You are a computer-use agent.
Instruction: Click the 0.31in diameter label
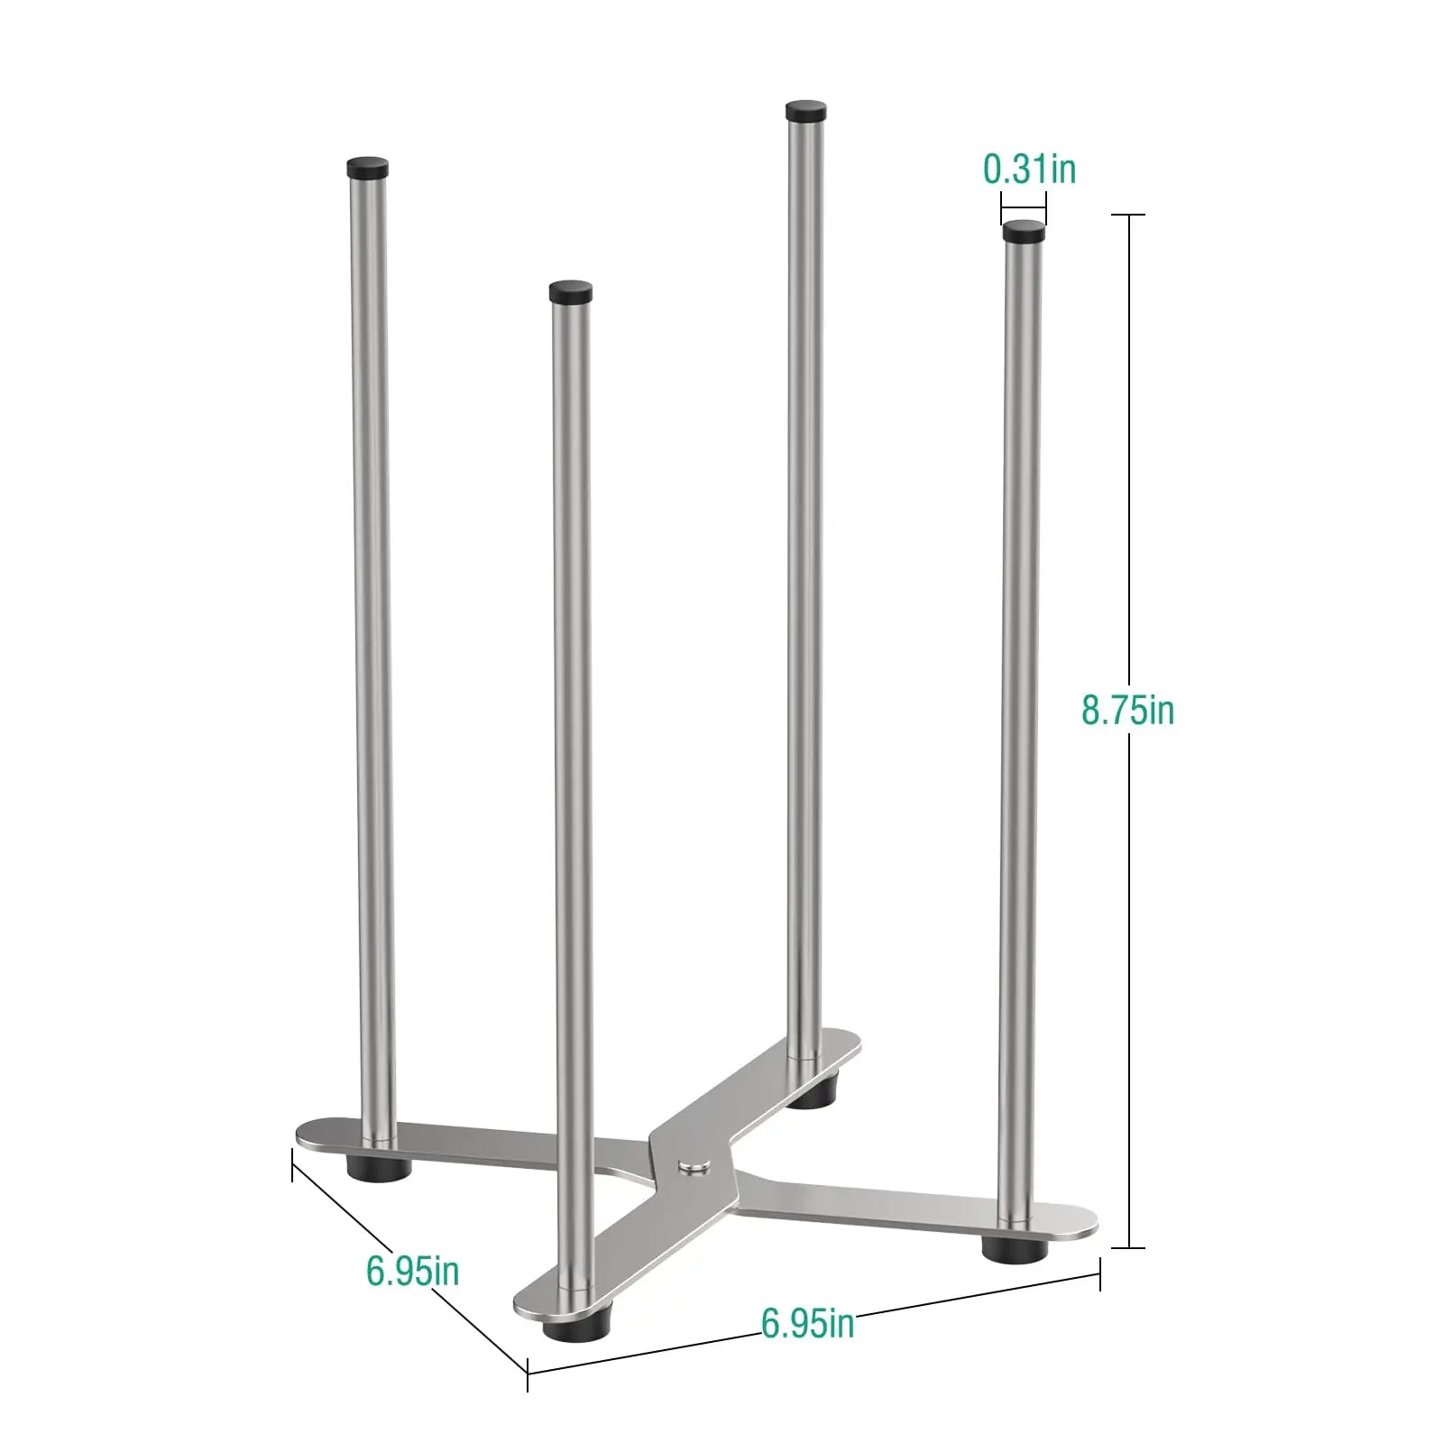click(x=1029, y=170)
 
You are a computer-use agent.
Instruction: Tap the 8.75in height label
click(x=1128, y=710)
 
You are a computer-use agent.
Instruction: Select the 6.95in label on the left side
click(x=413, y=1271)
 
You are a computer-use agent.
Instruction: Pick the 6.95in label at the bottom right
click(x=807, y=1323)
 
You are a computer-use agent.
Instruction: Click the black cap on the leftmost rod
click(x=368, y=167)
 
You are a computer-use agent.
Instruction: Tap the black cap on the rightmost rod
click(x=1024, y=232)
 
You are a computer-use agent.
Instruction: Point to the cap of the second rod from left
click(x=572, y=291)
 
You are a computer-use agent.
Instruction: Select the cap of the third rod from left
click(x=806, y=111)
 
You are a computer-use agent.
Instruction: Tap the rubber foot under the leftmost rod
click(x=379, y=1166)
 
